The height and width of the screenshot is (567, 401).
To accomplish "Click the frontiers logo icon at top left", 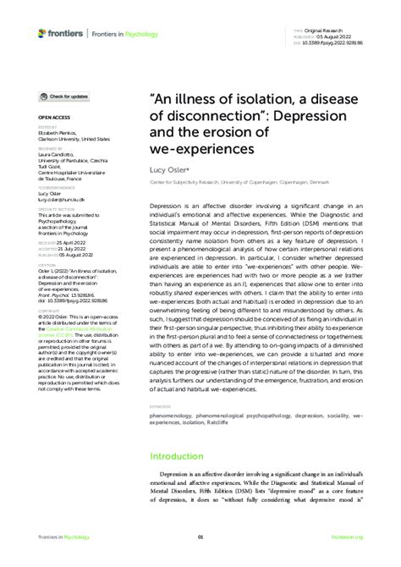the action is pos(42,33).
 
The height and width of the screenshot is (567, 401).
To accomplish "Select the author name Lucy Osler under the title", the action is pos(171,170).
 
